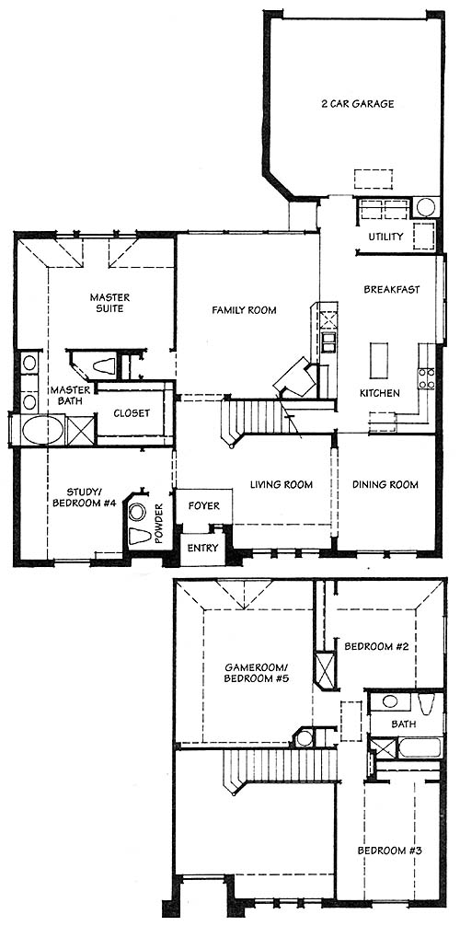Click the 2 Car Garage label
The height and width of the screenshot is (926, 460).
(x=357, y=105)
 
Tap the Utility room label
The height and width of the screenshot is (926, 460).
(x=386, y=237)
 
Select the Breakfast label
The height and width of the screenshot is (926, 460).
(x=392, y=289)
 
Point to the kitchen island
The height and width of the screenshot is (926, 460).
(x=376, y=360)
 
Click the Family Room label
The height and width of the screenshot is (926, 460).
(x=244, y=310)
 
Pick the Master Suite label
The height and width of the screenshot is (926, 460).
(x=109, y=302)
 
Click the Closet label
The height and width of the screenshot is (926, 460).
(x=132, y=413)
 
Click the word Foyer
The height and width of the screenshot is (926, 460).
(x=203, y=506)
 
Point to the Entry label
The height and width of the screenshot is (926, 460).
(x=202, y=548)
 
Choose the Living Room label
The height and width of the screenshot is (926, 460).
(x=282, y=485)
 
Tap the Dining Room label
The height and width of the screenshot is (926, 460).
(x=385, y=485)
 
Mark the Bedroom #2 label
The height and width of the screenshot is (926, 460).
(x=377, y=647)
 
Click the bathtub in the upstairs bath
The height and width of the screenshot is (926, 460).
(x=419, y=747)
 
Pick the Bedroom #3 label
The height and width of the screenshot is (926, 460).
(x=389, y=851)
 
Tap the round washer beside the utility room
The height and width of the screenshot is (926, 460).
(x=425, y=207)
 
